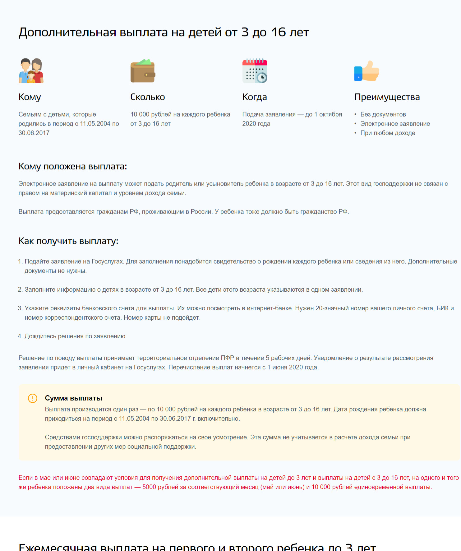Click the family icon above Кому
[31, 71]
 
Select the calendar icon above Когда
[255, 71]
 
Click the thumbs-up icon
[367, 71]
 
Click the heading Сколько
[148, 97]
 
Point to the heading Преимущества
[387, 97]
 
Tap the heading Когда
[255, 97]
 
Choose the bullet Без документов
[383, 114]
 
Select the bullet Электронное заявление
[395, 124]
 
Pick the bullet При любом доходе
[388, 133]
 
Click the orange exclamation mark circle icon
[33, 398]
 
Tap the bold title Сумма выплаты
[74, 398]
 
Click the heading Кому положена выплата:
[73, 166]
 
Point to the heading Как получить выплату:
[68, 241]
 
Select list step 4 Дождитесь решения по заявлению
[76, 336]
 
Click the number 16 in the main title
[278, 32]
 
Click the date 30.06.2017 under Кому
[34, 133]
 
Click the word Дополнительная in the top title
[67, 32]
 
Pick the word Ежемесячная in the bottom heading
[58, 547]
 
